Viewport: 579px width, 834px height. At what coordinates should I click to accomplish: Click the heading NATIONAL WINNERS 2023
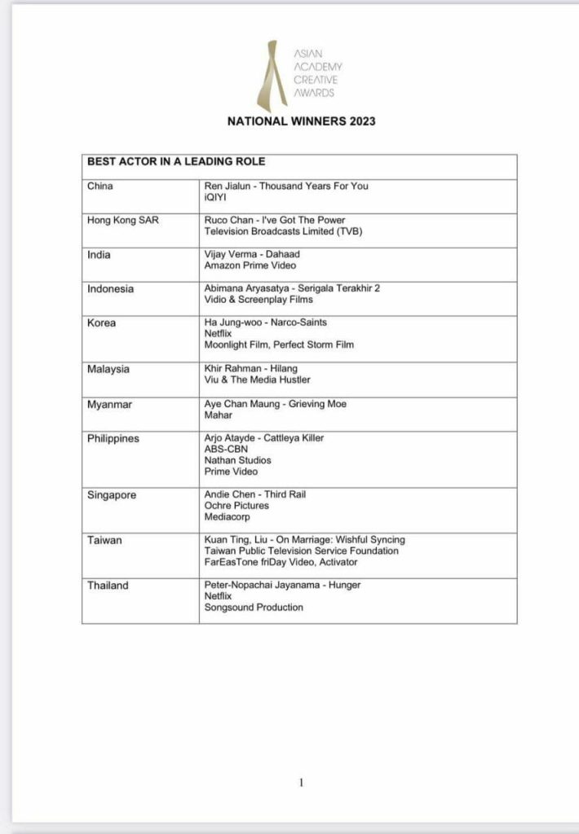tap(301, 121)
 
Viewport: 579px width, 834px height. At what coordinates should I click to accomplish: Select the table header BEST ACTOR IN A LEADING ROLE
tap(176, 162)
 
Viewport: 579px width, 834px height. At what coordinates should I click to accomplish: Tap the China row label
tap(100, 186)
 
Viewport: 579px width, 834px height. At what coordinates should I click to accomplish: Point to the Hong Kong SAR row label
tap(124, 220)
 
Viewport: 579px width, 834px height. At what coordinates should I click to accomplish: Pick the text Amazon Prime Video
tap(250, 266)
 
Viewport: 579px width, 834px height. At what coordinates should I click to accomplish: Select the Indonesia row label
tap(110, 288)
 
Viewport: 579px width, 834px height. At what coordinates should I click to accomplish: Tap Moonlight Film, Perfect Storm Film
tap(279, 345)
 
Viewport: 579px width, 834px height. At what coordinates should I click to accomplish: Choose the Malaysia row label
tap(109, 369)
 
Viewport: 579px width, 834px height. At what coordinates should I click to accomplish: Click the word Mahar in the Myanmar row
tap(218, 415)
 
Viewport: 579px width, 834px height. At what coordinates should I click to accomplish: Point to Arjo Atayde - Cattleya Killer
tap(263, 438)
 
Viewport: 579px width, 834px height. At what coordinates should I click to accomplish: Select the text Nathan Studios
tap(237, 460)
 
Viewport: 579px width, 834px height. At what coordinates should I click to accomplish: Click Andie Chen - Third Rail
tap(254, 494)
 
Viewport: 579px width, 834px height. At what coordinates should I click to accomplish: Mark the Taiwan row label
tap(104, 540)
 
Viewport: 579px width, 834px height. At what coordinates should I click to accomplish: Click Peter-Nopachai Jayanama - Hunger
tap(282, 585)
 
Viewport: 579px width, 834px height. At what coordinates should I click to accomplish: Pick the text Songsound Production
tap(254, 608)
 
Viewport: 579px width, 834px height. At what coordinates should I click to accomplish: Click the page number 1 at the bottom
tap(301, 783)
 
